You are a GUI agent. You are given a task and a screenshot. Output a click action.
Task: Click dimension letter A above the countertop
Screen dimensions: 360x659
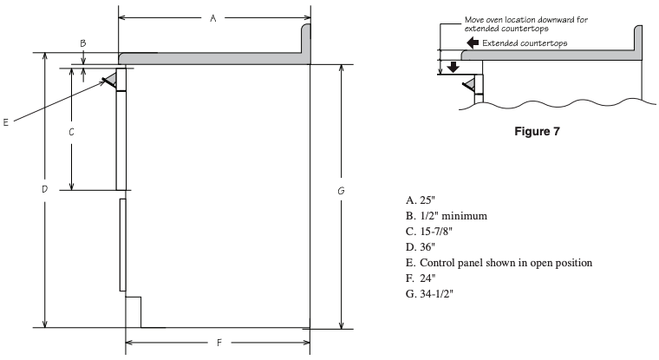(x=212, y=18)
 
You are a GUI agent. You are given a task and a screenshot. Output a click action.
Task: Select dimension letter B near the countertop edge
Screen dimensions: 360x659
(x=83, y=43)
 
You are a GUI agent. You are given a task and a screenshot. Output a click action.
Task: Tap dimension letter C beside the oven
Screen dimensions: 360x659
(x=71, y=133)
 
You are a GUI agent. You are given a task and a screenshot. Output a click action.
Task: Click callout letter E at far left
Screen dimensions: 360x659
(x=6, y=122)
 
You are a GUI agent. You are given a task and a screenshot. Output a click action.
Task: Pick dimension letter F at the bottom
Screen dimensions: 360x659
(x=219, y=343)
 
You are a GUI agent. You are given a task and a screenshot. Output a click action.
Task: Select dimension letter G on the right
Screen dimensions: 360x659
(x=343, y=190)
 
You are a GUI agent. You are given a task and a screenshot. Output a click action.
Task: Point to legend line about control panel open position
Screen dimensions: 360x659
(x=486, y=263)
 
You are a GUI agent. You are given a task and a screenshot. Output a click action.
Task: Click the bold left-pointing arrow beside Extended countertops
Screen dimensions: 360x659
(x=472, y=43)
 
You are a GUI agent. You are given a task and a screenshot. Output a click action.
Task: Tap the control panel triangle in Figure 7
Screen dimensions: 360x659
(x=468, y=84)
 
